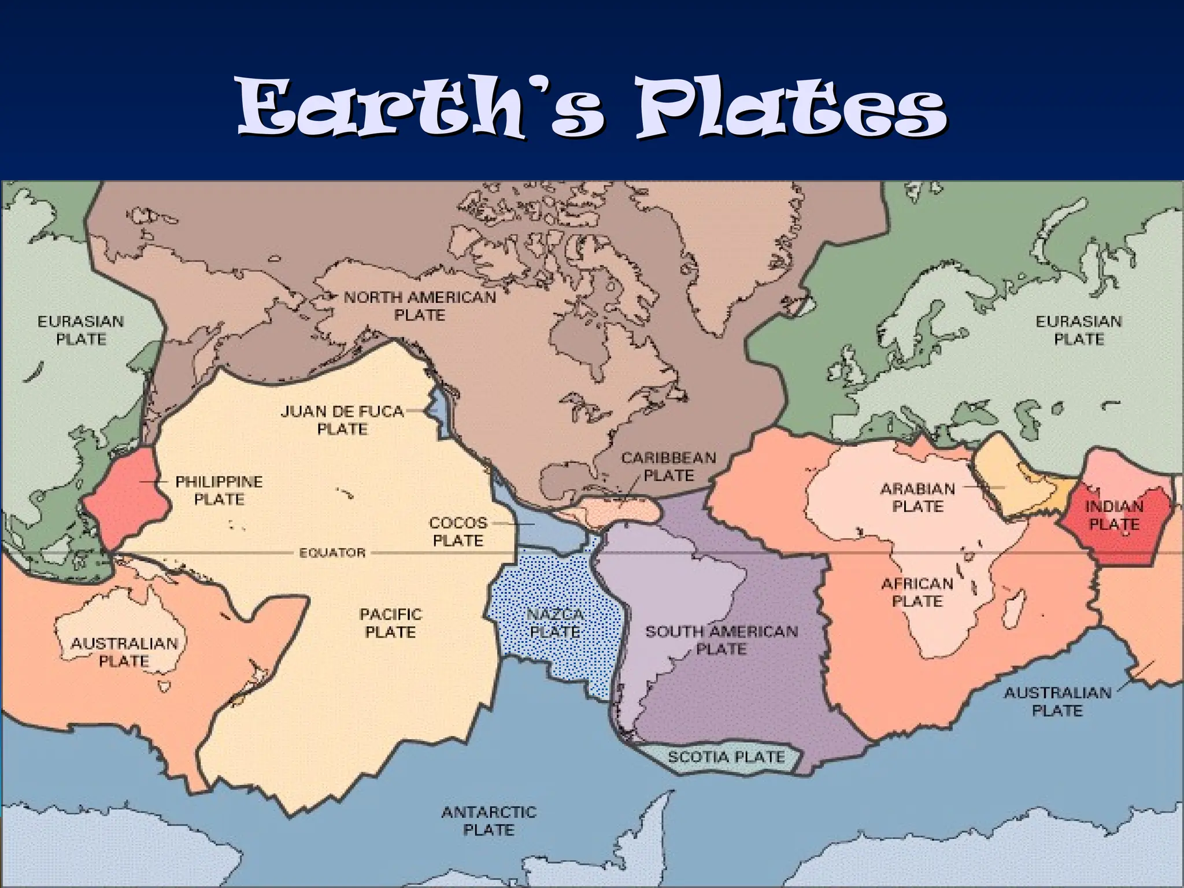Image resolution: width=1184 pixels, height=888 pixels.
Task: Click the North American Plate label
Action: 420,306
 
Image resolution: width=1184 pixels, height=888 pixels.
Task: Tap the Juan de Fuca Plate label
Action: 342,420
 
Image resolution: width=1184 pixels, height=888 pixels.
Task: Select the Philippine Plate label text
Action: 219,490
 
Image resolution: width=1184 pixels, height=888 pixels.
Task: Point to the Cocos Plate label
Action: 458,532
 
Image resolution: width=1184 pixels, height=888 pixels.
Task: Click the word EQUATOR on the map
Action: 332,553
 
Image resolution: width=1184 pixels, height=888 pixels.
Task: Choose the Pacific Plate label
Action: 391,623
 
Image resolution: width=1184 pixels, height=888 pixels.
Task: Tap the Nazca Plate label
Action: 556,623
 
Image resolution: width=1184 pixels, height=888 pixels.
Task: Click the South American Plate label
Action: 721,640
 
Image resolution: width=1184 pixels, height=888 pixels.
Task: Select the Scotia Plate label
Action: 726,757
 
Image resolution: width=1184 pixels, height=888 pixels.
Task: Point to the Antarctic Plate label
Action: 489,821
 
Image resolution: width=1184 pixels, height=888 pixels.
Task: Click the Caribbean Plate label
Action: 669,467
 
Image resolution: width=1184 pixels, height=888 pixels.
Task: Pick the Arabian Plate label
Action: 917,497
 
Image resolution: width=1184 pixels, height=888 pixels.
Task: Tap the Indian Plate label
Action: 1114,515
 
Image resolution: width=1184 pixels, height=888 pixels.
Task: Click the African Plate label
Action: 917,593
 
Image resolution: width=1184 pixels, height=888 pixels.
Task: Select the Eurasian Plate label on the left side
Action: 81,330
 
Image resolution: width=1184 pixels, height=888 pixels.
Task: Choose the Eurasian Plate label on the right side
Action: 1079,330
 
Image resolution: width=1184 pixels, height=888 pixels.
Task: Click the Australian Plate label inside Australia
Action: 124,652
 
